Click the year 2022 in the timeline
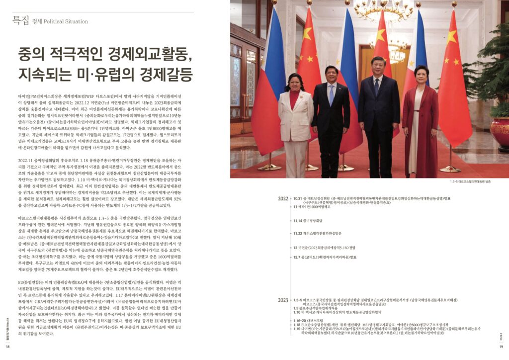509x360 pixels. [x=283, y=198]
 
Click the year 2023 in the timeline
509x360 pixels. [x=283, y=300]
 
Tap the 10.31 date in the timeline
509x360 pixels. [x=298, y=198]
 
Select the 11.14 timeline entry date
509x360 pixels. [x=298, y=220]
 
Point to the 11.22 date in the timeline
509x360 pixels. [x=298, y=233]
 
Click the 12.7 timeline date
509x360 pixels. [x=297, y=257]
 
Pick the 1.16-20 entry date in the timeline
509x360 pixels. [x=300, y=321]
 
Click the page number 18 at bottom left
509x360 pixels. [x=8, y=347]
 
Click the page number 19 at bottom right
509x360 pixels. [x=501, y=347]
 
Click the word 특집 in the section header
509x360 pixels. [x=21, y=20]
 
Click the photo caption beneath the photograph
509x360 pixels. [x=477, y=182]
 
